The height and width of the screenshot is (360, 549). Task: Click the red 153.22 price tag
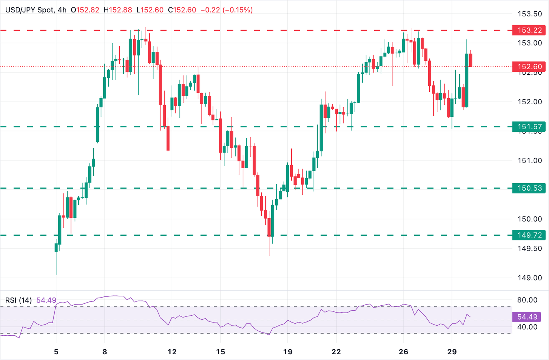click(x=529, y=30)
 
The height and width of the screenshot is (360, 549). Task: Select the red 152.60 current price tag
click(x=529, y=66)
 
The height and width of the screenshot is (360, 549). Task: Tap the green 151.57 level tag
click(x=529, y=126)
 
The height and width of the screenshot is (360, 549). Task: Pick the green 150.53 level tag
click(x=529, y=188)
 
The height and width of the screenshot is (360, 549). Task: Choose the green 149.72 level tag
click(x=529, y=235)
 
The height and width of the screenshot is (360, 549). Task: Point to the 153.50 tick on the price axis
click(x=530, y=14)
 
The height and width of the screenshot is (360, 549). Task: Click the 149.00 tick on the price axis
click(x=530, y=278)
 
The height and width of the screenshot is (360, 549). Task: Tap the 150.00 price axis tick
click(x=530, y=219)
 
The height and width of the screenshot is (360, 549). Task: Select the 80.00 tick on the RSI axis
click(x=527, y=300)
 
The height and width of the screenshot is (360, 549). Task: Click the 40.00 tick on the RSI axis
click(x=527, y=327)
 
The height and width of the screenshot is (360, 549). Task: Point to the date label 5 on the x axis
click(x=56, y=352)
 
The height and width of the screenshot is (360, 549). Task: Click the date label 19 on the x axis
click(x=288, y=352)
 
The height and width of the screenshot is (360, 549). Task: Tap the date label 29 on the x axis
click(x=452, y=352)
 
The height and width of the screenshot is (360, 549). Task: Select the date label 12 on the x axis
click(x=172, y=352)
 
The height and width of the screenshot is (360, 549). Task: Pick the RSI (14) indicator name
click(x=18, y=300)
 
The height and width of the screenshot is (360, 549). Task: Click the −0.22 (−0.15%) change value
click(x=227, y=10)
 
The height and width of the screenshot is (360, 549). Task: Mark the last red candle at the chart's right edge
click(x=471, y=60)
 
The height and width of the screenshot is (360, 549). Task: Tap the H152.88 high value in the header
click(x=118, y=10)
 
